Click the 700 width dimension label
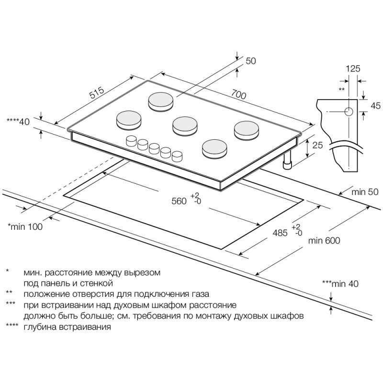(238, 94)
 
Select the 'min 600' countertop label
(324, 241)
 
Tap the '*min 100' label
(25, 227)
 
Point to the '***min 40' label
(340, 284)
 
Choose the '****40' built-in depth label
(18, 122)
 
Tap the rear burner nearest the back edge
(160, 101)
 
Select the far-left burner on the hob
(128, 119)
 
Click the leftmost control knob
(131, 141)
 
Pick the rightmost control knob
(178, 156)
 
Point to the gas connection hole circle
(349, 112)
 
